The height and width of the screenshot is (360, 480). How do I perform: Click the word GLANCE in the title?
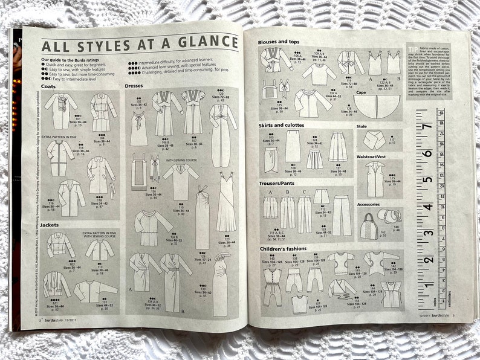(206, 42)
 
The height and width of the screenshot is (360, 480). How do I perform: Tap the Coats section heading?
(49, 86)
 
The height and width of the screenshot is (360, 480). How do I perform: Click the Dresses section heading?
(134, 86)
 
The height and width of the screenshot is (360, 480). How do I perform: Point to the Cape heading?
(361, 92)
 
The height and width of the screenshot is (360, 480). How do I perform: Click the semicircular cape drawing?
(379, 107)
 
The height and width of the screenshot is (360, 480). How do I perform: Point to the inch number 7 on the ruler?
(444, 127)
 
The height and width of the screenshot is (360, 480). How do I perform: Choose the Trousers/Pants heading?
(280, 184)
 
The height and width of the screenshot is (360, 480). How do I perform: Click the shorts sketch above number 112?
(321, 197)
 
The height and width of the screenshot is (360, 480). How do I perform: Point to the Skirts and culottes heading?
(282, 126)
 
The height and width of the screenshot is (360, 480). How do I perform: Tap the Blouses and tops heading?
(279, 42)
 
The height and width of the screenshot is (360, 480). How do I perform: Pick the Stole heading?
(362, 126)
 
